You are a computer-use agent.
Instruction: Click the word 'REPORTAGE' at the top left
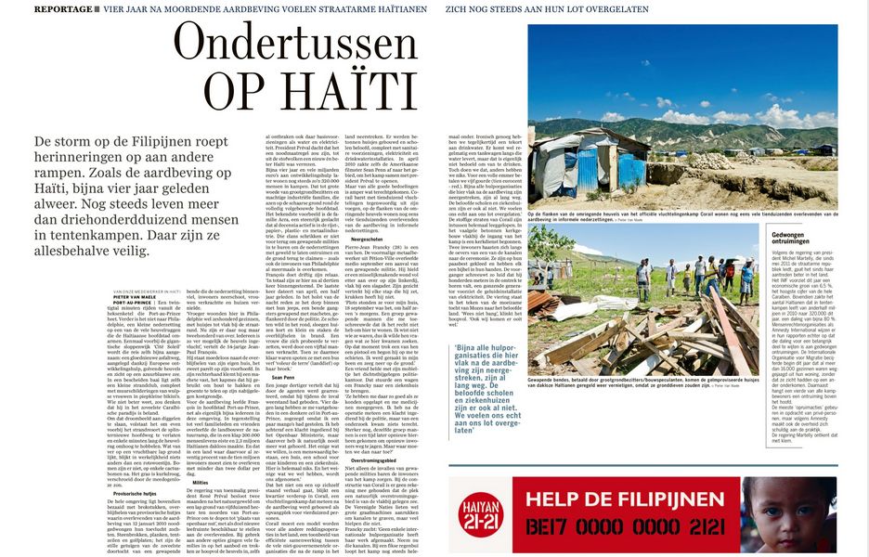[61, 8]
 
